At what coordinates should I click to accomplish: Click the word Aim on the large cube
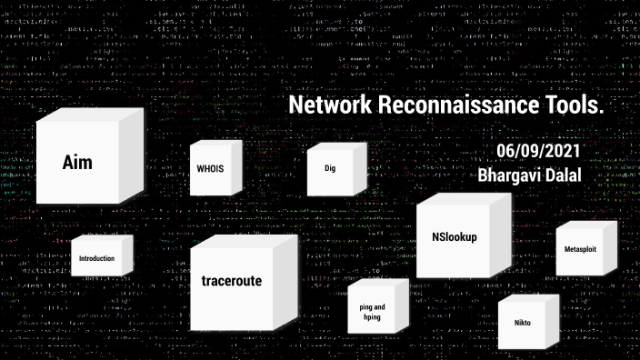[x=77, y=164]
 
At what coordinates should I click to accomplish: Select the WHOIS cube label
[x=210, y=169]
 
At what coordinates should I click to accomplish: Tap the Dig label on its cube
[x=329, y=168]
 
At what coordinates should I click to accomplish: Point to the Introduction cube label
[x=96, y=258]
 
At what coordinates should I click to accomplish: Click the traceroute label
[x=231, y=282]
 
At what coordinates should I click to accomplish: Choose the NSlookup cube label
[x=455, y=238]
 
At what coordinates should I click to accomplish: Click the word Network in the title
[x=325, y=106]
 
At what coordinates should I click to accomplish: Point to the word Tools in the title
[x=575, y=106]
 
